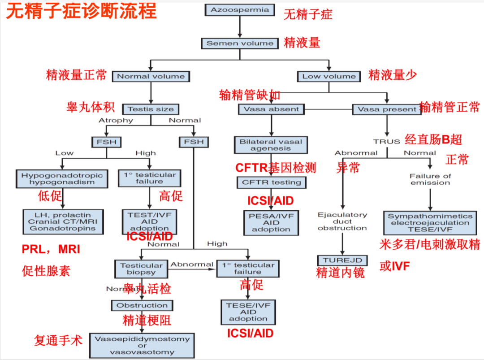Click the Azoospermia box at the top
(240, 10)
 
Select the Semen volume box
(240, 43)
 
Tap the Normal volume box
(151, 76)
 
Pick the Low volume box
(329, 76)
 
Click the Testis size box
(151, 109)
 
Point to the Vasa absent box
(271, 109)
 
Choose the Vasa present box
(387, 109)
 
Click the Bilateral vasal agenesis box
(271, 145)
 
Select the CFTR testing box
(272, 182)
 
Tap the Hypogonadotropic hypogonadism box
(62, 179)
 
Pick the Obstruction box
(142, 306)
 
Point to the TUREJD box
(342, 260)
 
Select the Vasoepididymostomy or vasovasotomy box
(142, 345)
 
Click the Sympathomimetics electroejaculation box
(430, 222)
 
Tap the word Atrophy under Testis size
(116, 120)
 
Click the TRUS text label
(387, 141)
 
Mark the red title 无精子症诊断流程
(81, 11)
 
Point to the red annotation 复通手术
(58, 340)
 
